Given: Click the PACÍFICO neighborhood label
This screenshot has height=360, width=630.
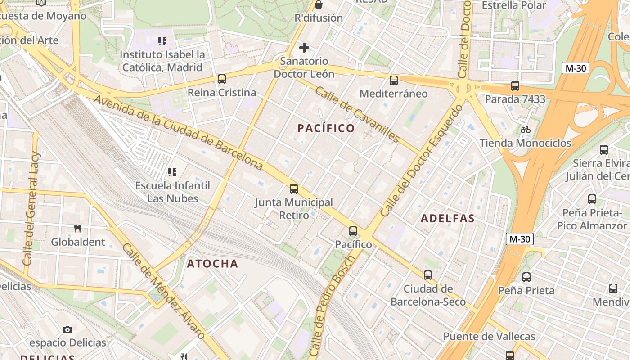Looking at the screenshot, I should click(x=326, y=128).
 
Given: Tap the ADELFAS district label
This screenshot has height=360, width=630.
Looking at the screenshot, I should click(x=447, y=219).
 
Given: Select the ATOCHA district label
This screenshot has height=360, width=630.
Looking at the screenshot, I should click(x=212, y=264).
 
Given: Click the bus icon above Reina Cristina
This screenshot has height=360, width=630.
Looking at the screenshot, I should click(x=221, y=79).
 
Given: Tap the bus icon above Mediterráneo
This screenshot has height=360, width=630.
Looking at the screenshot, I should click(x=394, y=81).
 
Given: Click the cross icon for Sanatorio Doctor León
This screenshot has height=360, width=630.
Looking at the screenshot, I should click(x=304, y=47).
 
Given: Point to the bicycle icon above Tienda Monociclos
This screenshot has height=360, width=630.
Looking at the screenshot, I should click(x=525, y=130).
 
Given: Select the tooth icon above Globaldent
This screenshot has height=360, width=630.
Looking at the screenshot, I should click(x=77, y=228).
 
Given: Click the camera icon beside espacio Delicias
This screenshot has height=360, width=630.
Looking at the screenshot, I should click(x=67, y=329).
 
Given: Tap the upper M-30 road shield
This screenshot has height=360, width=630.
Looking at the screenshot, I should click(x=576, y=68).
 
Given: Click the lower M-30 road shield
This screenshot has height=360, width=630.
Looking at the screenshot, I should click(x=520, y=239).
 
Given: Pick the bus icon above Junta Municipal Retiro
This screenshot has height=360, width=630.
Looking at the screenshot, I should click(x=294, y=189).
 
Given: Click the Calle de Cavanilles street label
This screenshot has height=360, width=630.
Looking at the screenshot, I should click(x=357, y=114).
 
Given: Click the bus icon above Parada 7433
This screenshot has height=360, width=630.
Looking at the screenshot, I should click(x=515, y=85).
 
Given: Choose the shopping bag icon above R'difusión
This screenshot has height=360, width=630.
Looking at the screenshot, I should click(x=319, y=4).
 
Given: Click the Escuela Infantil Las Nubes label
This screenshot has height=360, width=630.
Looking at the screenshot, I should click(x=173, y=192).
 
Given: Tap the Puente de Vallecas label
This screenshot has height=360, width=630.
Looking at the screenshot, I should click(x=489, y=336).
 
